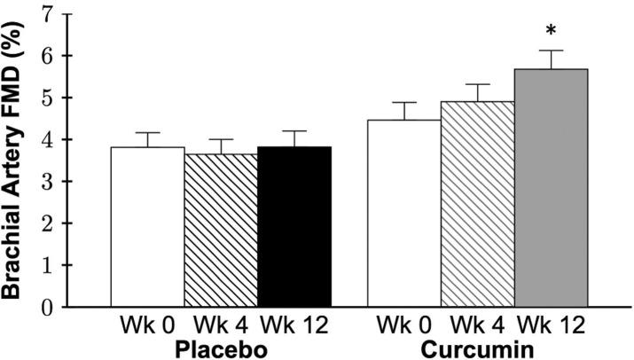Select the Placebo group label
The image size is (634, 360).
click(221, 348)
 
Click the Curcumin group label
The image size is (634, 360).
click(478, 348)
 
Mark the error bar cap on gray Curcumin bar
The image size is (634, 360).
click(551, 51)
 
